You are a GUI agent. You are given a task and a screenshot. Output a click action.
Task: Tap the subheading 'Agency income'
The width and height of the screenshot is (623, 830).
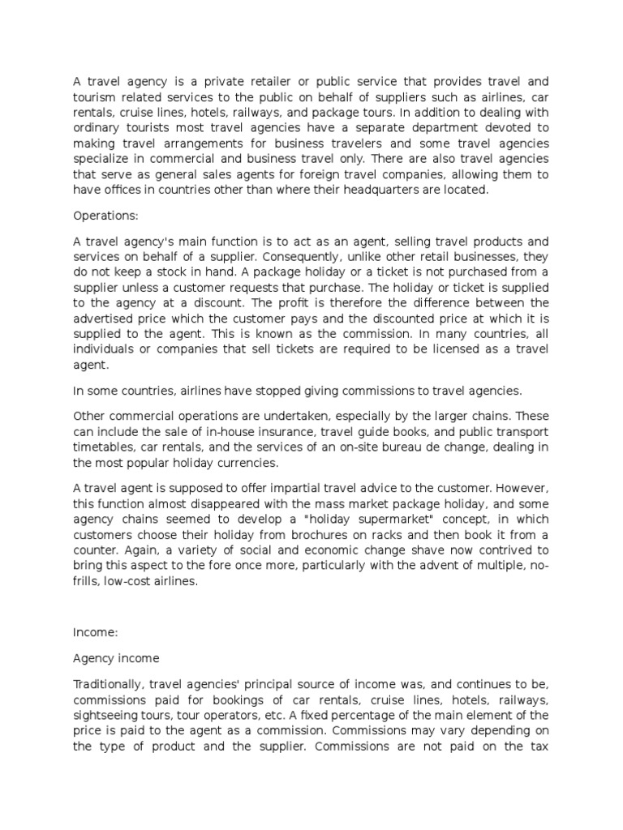[116, 657]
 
